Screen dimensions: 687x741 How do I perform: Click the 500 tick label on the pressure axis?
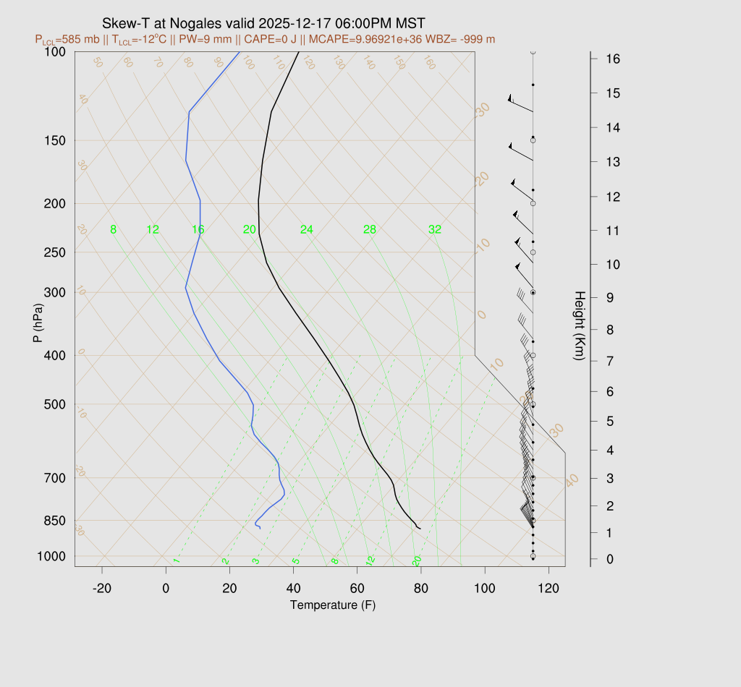(x=54, y=404)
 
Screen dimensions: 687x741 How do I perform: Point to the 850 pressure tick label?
(x=54, y=521)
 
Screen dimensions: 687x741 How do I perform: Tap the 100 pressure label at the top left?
(x=54, y=51)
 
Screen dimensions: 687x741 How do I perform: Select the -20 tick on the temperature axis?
(x=102, y=588)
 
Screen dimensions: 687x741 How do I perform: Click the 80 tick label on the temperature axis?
(x=420, y=588)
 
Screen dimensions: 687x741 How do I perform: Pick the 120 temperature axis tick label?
(x=549, y=588)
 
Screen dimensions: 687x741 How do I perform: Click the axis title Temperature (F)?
(x=333, y=605)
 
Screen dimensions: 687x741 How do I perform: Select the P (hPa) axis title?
(x=38, y=322)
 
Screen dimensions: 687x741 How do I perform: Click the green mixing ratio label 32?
(x=435, y=230)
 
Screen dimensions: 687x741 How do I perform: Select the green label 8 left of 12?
(x=113, y=230)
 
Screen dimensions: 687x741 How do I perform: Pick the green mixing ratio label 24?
(x=307, y=230)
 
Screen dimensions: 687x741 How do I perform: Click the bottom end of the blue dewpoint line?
(x=260, y=529)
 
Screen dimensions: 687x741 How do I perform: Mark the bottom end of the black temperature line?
(x=420, y=529)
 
